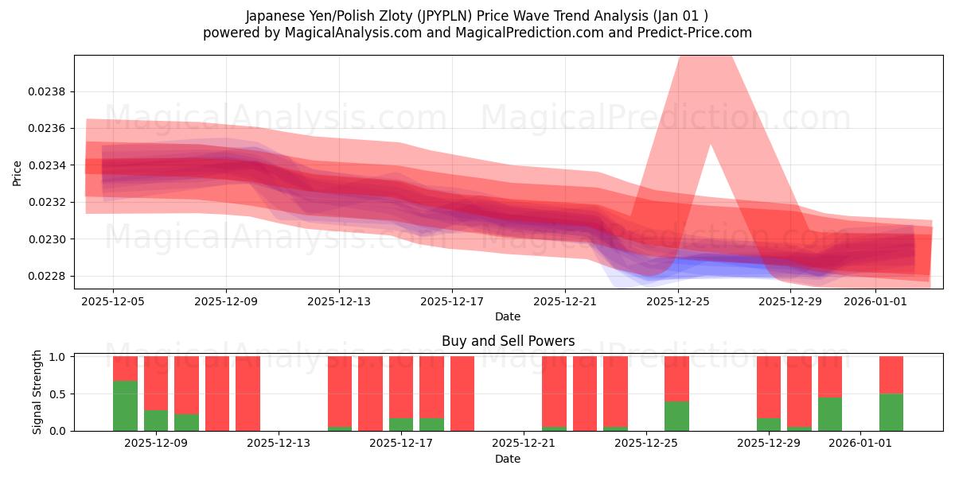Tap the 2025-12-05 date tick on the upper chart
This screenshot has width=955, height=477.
[x=113, y=301]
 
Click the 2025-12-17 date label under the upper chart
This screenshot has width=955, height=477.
[x=452, y=301]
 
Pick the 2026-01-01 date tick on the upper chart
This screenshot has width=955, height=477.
[x=875, y=301]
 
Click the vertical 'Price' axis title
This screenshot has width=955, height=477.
[x=18, y=173]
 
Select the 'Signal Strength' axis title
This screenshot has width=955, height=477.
[x=37, y=392]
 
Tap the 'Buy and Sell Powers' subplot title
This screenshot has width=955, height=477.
[x=508, y=341]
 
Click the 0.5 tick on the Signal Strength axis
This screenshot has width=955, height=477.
[x=57, y=394]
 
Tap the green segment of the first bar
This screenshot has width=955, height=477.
[x=125, y=405]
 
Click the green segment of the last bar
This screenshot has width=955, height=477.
[x=891, y=412]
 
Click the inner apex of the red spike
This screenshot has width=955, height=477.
[x=710, y=146]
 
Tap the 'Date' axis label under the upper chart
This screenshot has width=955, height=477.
[x=508, y=316]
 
